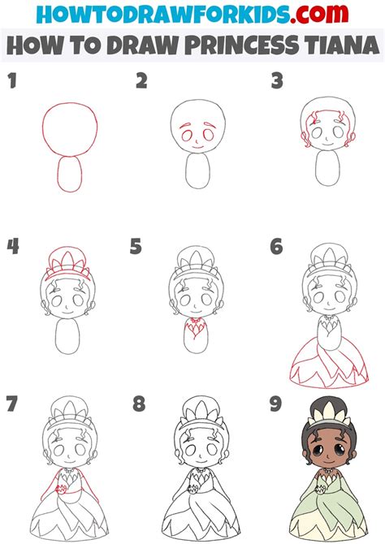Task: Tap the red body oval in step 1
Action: tap(70, 173)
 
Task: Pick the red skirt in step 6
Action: tap(325, 357)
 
